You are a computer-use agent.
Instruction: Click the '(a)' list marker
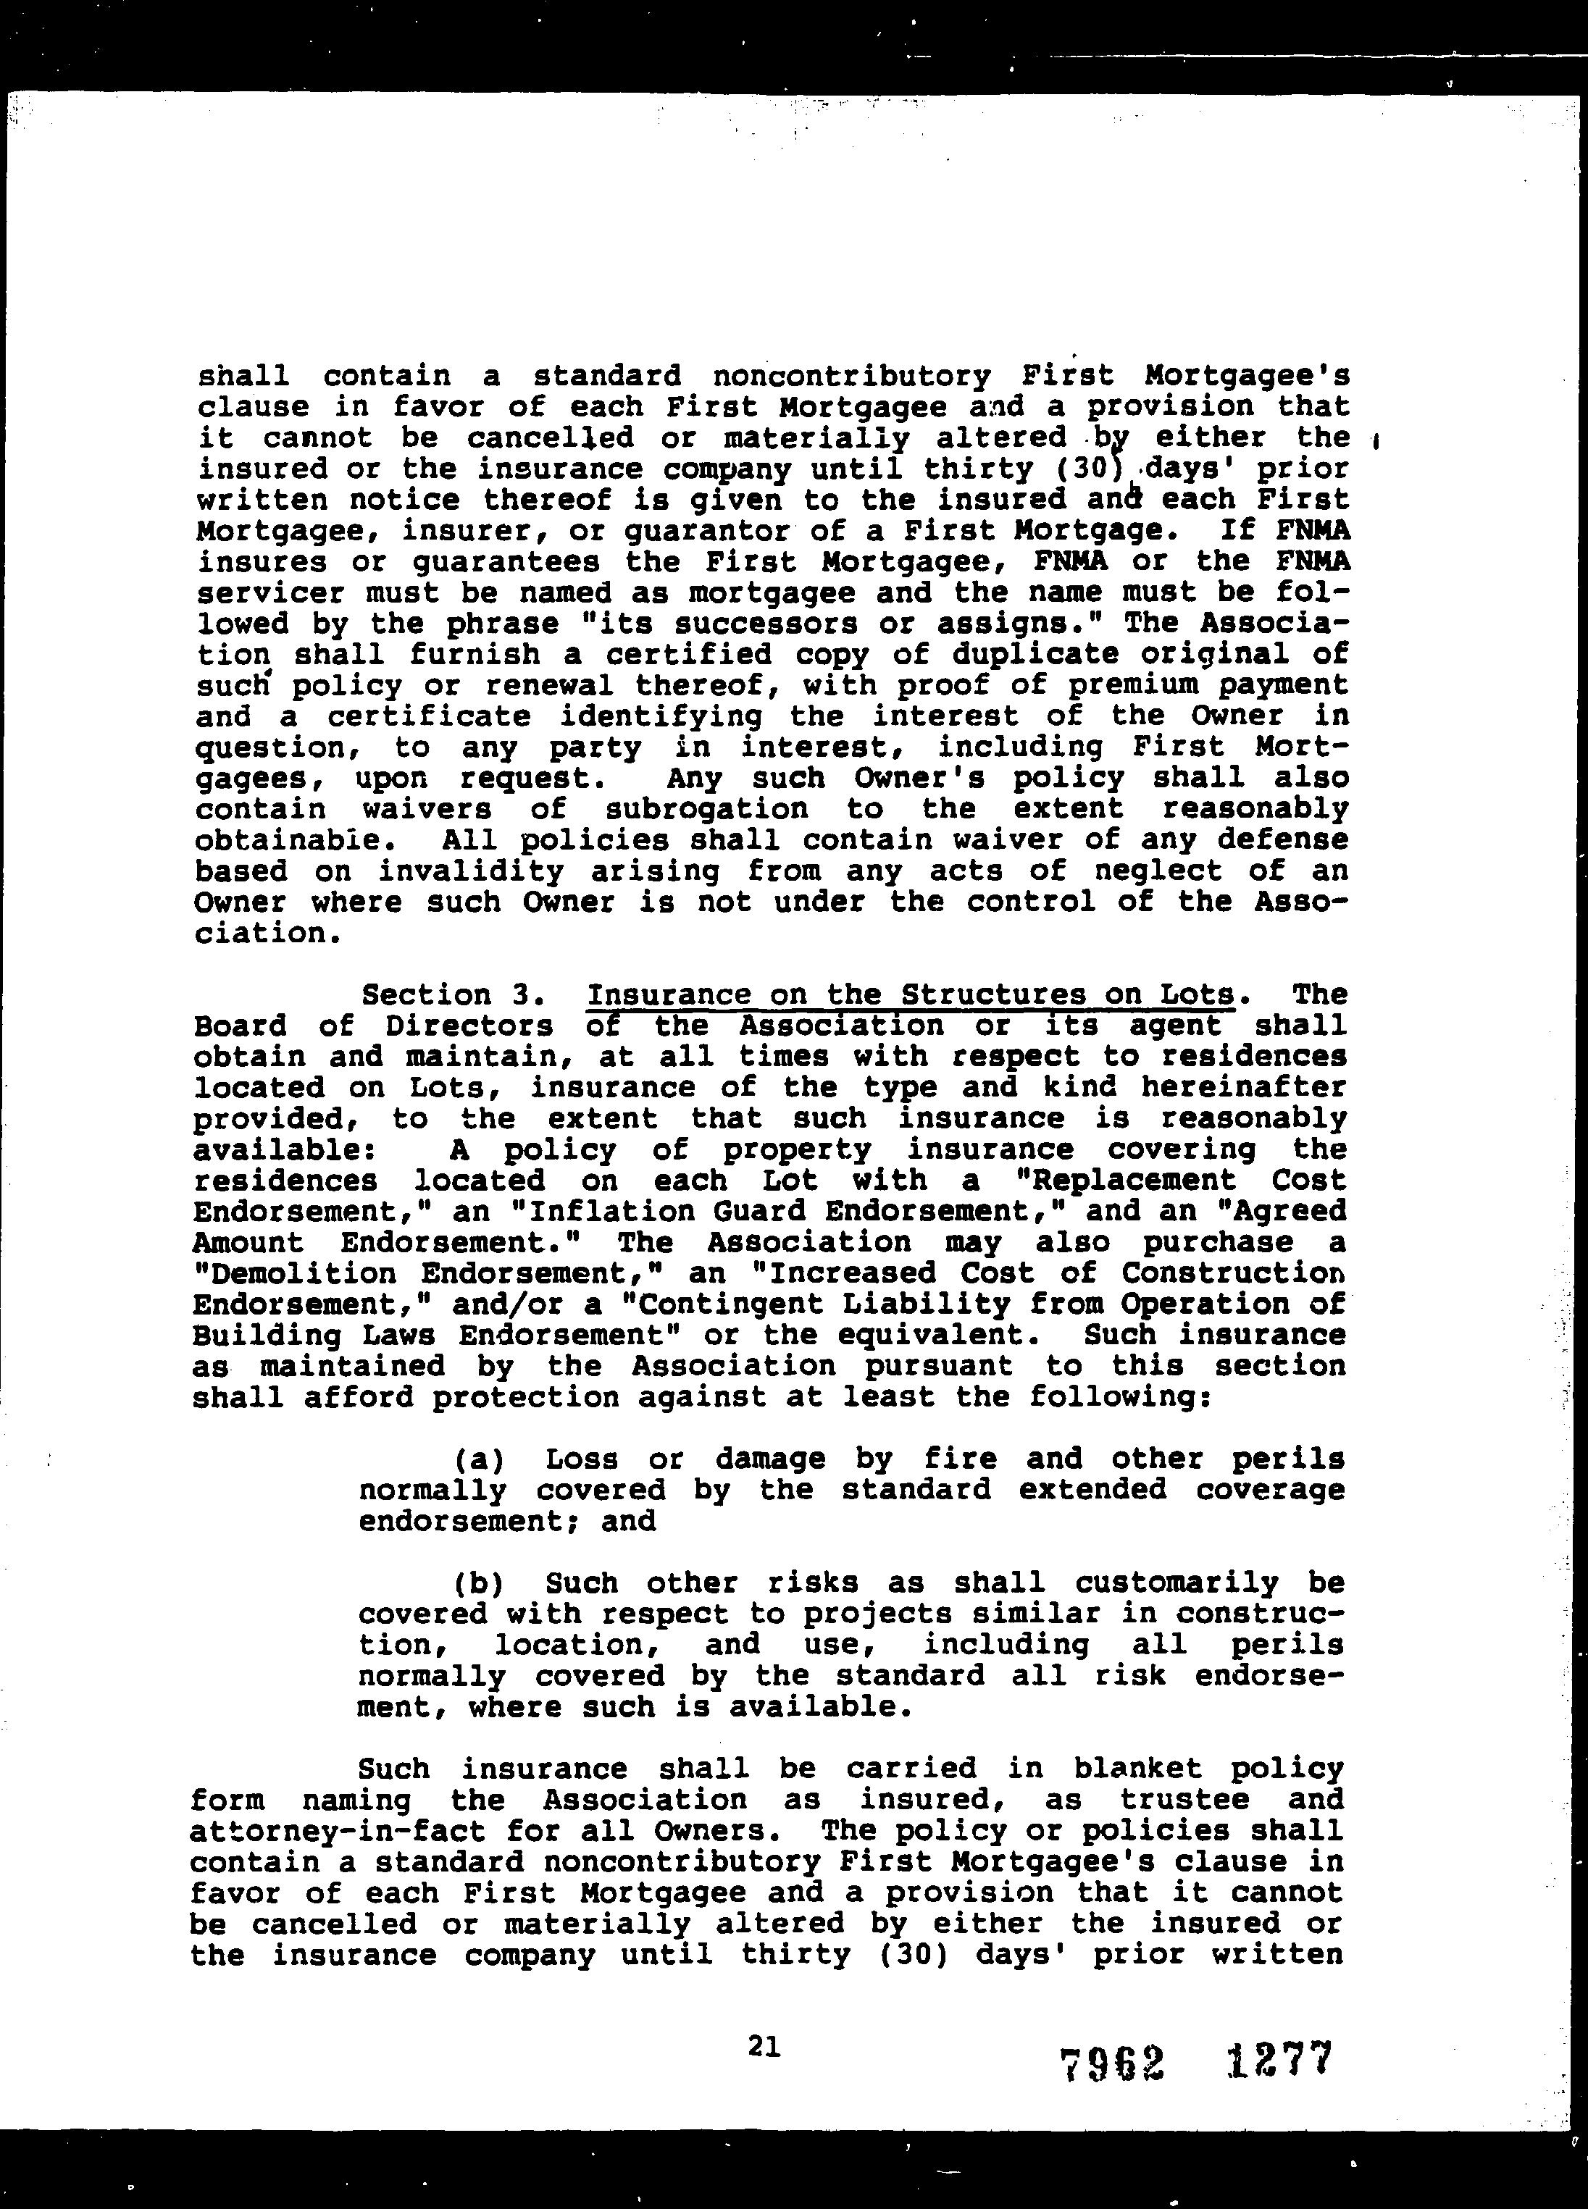click(478, 1459)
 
